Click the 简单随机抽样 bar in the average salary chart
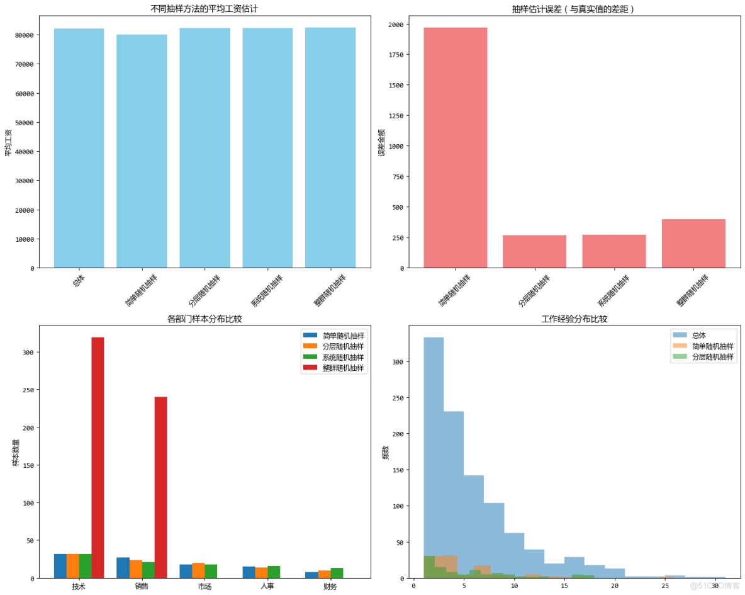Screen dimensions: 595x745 [x=142, y=151]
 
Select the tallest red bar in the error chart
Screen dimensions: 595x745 [x=456, y=148]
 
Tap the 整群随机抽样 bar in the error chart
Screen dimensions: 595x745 [x=694, y=244]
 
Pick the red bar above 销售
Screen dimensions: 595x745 [x=160, y=487]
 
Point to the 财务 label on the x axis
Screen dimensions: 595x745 [x=330, y=587]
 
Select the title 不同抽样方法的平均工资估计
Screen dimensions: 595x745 [x=204, y=9]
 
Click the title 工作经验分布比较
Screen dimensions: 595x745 [x=574, y=319]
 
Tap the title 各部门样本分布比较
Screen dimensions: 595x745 [x=204, y=319]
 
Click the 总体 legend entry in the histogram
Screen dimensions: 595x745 [x=699, y=335]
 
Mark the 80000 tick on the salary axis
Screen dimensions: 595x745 [x=25, y=35]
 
